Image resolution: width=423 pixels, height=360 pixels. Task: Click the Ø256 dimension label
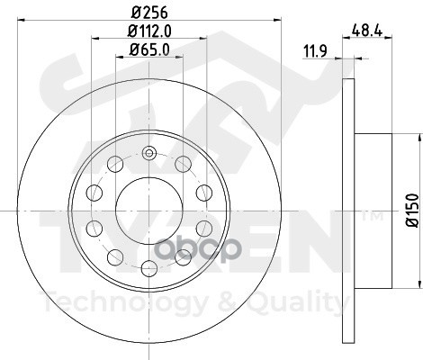[x=149, y=13]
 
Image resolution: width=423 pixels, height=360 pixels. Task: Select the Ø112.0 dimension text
[x=149, y=31]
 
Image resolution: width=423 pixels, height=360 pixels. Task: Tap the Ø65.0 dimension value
[x=149, y=49]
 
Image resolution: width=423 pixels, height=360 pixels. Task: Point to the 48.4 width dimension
[x=367, y=31]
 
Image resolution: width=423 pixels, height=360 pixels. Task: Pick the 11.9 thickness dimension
[x=315, y=51]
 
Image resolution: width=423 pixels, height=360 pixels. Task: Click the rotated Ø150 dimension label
[x=412, y=210]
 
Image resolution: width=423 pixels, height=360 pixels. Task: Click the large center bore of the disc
[x=149, y=211]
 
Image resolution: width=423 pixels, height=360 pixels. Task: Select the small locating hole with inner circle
[x=149, y=153]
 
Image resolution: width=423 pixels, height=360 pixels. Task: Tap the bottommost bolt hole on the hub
[x=149, y=268]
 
